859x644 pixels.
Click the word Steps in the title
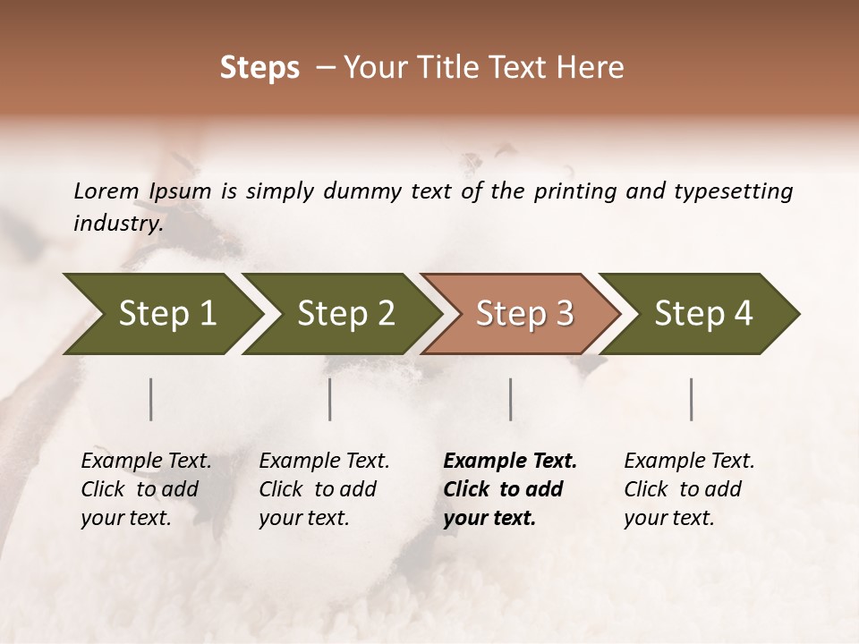point(259,68)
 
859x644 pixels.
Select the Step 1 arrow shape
point(161,314)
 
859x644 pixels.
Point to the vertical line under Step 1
point(151,399)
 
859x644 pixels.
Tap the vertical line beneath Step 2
point(330,399)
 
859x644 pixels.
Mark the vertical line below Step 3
point(511,399)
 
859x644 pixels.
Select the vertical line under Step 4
point(692,399)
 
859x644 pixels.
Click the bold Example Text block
point(509,489)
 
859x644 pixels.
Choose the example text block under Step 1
point(146,489)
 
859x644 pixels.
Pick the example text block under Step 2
point(324,489)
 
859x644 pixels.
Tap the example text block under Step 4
point(689,489)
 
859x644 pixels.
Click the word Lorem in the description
point(106,191)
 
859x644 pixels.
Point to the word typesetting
point(739,191)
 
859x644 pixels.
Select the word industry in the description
point(116,224)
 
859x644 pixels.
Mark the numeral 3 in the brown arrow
point(564,314)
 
